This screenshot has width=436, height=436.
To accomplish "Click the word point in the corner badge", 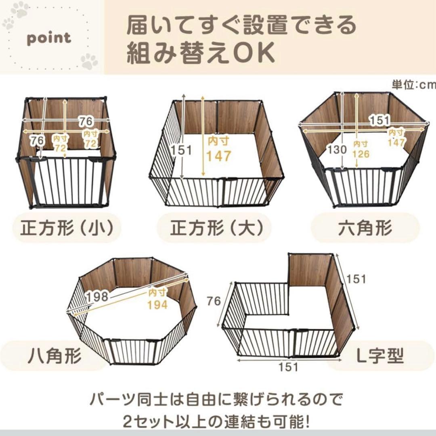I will point(49,38).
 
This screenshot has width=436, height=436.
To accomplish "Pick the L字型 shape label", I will point(375,356).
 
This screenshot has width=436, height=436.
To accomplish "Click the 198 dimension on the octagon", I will point(97,297).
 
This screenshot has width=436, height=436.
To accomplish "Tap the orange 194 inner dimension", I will point(157,305).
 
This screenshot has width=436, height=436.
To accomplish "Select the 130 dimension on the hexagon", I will point(337,149).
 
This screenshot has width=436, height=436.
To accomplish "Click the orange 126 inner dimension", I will point(361,154).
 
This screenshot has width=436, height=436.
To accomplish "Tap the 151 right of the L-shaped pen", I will point(356,279).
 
